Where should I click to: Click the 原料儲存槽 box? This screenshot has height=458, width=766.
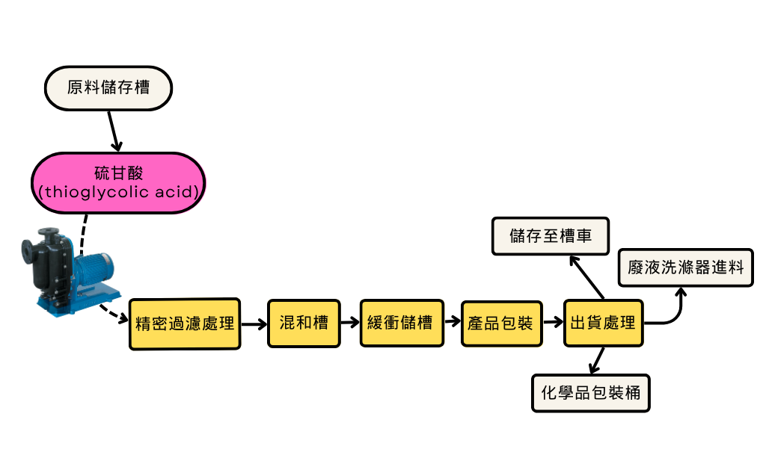coord(109,87)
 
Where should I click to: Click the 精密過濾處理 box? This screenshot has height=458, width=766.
coord(185,324)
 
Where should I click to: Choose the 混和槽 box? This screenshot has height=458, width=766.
coord(304,324)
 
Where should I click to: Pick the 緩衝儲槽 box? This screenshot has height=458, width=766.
coord(401,324)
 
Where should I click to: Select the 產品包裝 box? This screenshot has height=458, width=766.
coord(501,324)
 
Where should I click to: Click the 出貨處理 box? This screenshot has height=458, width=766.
coord(603,324)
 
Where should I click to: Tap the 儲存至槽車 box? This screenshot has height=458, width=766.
coord(551,236)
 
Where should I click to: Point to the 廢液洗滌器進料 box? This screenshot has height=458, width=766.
coord(685,267)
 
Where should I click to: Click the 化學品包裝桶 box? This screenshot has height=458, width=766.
coord(591,392)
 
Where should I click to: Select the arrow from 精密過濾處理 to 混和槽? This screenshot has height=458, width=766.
coord(254,324)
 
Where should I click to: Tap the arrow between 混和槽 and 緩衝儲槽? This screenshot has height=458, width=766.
coord(349,324)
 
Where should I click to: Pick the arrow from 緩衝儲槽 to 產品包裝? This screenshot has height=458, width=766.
coord(453,324)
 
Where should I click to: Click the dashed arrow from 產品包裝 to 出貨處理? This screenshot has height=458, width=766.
coord(554,324)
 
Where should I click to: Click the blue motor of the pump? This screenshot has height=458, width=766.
coord(94,268)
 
